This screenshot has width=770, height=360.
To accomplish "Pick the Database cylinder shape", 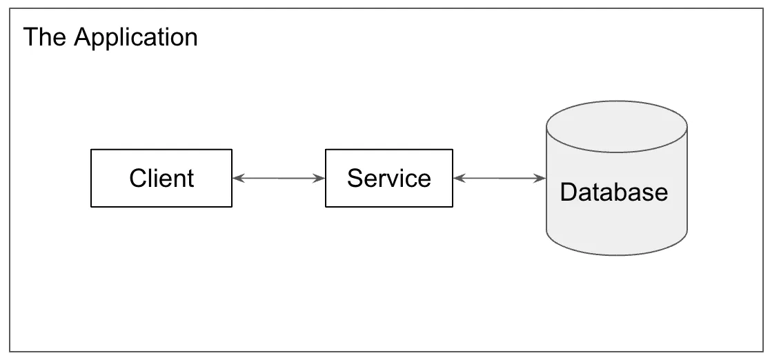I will [616, 221].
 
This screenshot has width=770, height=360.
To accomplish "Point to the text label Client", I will [161, 179].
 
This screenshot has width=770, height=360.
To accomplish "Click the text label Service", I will [388, 179].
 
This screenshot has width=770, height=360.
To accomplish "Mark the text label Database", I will [613, 192].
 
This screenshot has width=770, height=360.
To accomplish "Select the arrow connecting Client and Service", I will [279, 179].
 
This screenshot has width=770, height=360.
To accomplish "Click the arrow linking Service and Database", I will [500, 179].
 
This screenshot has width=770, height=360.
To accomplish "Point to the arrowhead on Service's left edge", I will [319, 179].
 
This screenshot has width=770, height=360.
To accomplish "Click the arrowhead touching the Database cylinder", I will [540, 179].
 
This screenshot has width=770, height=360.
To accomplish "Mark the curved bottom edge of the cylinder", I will [616, 254].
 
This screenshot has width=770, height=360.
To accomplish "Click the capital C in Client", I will [138, 179].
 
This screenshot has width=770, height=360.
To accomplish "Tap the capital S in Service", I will [355, 179].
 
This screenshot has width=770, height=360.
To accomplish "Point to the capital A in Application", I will [82, 37].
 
